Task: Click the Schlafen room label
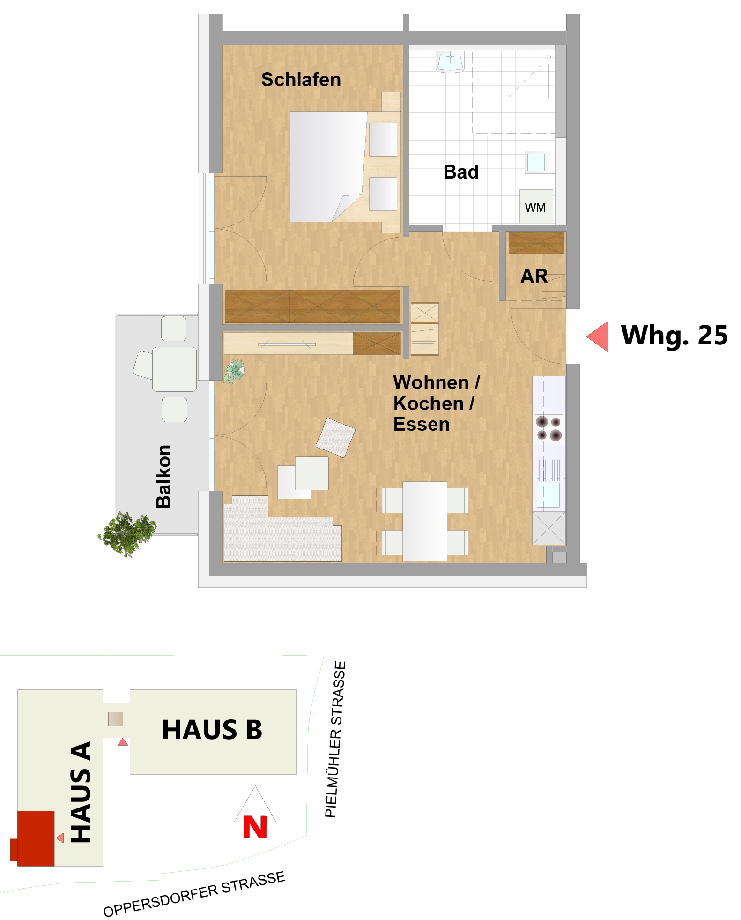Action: tap(301, 80)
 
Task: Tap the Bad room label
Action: tap(461, 172)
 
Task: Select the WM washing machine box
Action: tap(536, 206)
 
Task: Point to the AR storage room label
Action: tap(534, 277)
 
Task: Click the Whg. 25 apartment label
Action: tap(674, 336)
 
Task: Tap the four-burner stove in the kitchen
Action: tap(549, 428)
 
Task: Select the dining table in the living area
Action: tap(425, 521)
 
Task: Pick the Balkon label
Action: tap(163, 476)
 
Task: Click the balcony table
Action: tap(174, 369)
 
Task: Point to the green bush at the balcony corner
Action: tap(127, 534)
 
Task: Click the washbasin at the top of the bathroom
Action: tap(450, 61)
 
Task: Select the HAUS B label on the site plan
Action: tap(212, 730)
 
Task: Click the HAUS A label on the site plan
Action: tap(81, 792)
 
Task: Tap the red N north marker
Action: tap(255, 827)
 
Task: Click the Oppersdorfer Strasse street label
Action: tap(194, 894)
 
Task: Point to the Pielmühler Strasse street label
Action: tap(335, 739)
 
